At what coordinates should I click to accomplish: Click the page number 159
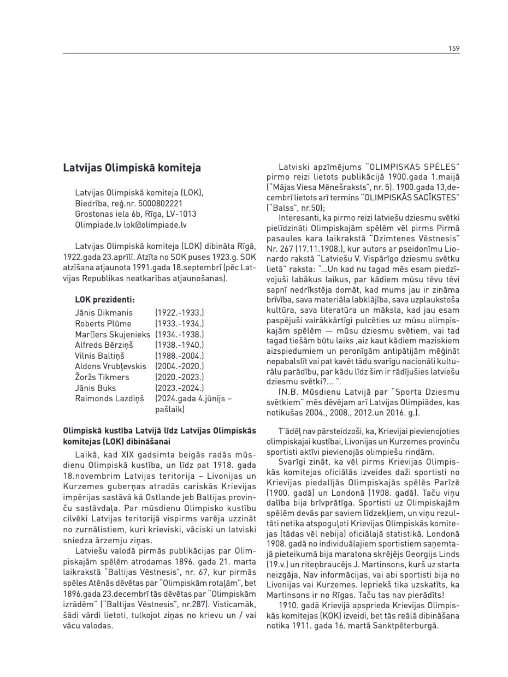454,49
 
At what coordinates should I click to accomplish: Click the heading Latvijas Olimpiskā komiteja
132,168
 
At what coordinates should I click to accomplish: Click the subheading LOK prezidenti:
104,299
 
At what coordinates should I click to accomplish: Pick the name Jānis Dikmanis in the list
104,313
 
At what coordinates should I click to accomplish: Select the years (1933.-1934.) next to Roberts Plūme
180,323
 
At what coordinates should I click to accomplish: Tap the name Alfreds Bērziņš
104,345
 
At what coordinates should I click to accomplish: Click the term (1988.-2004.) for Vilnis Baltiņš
180,355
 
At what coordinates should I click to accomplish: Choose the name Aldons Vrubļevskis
110,366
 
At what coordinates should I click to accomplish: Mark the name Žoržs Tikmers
102,377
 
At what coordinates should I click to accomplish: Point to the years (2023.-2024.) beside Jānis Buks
180,388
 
